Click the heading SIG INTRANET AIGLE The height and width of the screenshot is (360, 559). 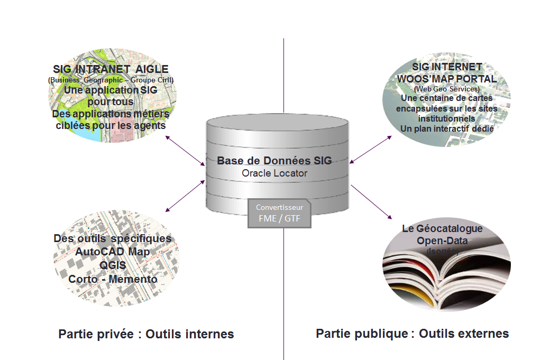[111, 69]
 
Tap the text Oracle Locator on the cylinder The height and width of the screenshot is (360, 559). [274, 173]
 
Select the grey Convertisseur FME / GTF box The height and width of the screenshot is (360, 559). [279, 213]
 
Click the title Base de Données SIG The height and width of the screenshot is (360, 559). [274, 160]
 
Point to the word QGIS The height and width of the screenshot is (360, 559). [112, 265]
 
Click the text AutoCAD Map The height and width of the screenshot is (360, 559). [112, 252]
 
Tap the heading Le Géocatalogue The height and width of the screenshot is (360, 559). [442, 229]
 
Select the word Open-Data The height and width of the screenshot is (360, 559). [442, 241]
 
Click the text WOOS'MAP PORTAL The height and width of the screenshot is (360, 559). [447, 79]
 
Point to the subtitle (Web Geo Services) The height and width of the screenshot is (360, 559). [447, 89]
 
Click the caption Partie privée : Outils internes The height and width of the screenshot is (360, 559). [146, 334]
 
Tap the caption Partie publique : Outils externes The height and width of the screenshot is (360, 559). [413, 334]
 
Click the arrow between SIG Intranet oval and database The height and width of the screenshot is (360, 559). [185, 151]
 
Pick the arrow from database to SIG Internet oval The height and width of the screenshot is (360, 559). [370, 149]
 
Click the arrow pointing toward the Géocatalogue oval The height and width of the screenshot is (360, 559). [371, 202]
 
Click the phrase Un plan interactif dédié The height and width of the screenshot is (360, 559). [447, 128]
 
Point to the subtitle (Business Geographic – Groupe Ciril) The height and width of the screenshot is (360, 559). [111, 80]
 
